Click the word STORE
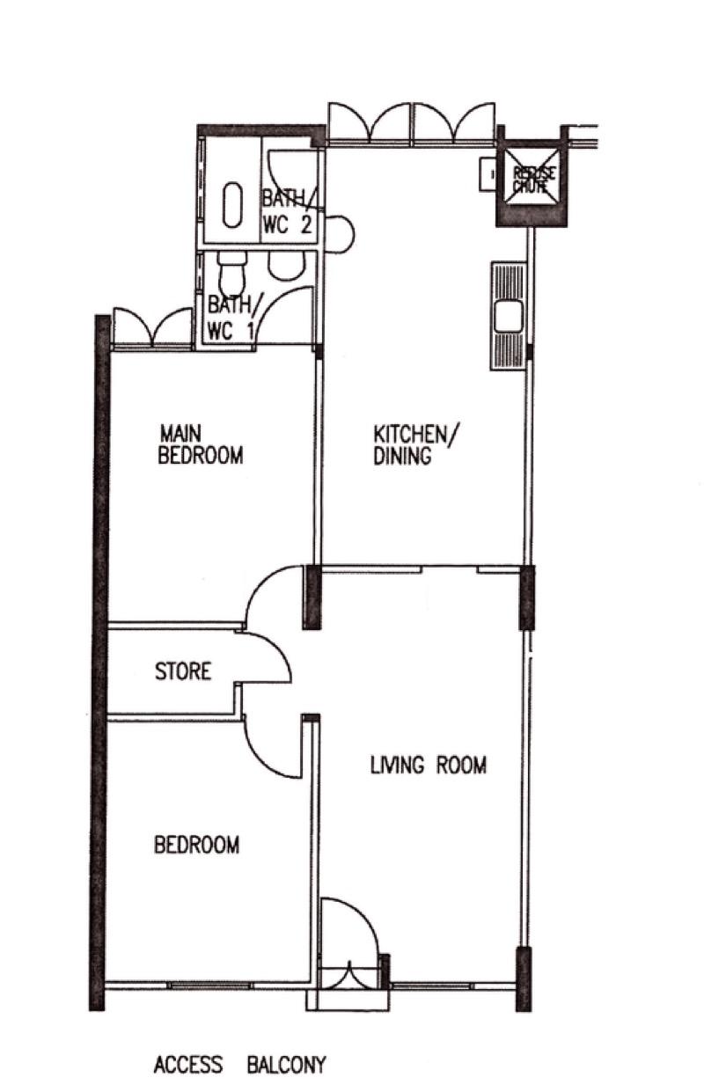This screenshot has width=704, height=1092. point(183,671)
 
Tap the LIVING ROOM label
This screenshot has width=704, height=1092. point(428,766)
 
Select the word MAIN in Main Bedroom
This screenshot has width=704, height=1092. point(181,434)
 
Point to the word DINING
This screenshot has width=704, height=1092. point(402,457)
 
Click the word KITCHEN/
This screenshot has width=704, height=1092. point(416,434)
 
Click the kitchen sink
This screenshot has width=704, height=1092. point(508,316)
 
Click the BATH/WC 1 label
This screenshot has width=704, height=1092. point(230,319)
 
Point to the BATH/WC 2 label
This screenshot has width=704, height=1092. point(288,211)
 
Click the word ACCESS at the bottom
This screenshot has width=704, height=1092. point(188,1066)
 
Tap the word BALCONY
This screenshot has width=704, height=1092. point(286,1066)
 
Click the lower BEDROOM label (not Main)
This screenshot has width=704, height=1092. point(196,845)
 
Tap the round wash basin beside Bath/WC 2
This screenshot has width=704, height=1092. point(339,234)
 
